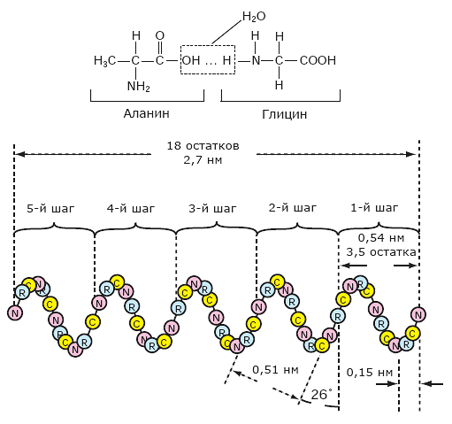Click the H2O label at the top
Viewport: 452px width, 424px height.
(254, 17)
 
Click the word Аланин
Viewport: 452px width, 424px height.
(147, 113)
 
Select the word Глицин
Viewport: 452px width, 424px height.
(285, 114)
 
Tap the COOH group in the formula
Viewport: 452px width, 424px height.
(318, 60)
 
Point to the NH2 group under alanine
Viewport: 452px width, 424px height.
(139, 87)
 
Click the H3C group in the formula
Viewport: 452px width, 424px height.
(105, 61)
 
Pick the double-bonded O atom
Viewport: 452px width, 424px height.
(160, 35)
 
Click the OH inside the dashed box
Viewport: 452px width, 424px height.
(191, 60)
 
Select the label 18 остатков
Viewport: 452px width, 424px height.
(203, 146)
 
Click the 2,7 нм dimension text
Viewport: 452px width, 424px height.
(203, 160)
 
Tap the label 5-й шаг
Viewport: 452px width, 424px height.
(50, 209)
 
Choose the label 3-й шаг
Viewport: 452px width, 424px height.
(212, 209)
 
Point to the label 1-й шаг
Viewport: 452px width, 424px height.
(374, 208)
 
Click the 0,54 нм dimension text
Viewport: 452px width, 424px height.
(381, 238)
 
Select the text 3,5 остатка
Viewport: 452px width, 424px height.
(381, 252)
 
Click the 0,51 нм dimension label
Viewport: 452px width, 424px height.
(275, 370)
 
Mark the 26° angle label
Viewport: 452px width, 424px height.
(321, 395)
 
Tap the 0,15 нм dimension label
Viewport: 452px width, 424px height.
(370, 373)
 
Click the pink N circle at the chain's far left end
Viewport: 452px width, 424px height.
(15, 312)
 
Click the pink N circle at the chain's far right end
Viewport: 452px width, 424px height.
(418, 315)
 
